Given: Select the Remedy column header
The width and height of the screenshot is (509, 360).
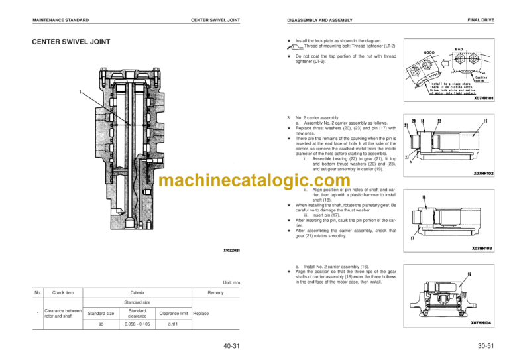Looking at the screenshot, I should [215, 292].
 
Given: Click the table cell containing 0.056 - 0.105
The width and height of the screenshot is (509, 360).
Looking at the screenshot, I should [138, 324].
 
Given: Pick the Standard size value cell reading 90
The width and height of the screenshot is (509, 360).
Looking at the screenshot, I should [101, 324].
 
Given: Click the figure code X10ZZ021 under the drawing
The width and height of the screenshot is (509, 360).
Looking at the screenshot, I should [231, 251].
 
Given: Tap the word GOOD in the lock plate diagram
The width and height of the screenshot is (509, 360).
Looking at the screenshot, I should [430, 52].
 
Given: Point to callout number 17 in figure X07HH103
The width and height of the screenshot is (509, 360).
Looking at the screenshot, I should [412, 238].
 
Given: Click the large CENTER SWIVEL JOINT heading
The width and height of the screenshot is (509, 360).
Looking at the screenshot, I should [71, 42].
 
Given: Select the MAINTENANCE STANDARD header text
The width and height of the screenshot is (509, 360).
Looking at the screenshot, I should [60, 21].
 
